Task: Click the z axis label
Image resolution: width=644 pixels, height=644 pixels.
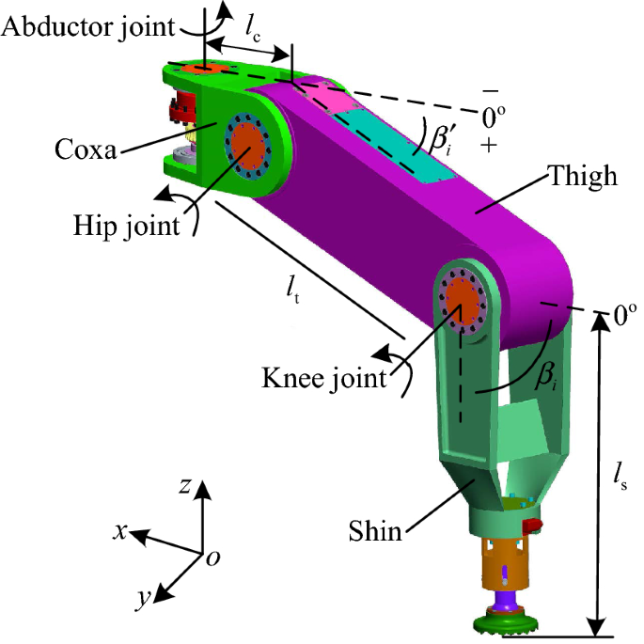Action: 187,486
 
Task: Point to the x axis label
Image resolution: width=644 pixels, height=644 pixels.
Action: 120,531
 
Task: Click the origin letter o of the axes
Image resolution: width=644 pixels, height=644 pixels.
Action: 213,559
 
